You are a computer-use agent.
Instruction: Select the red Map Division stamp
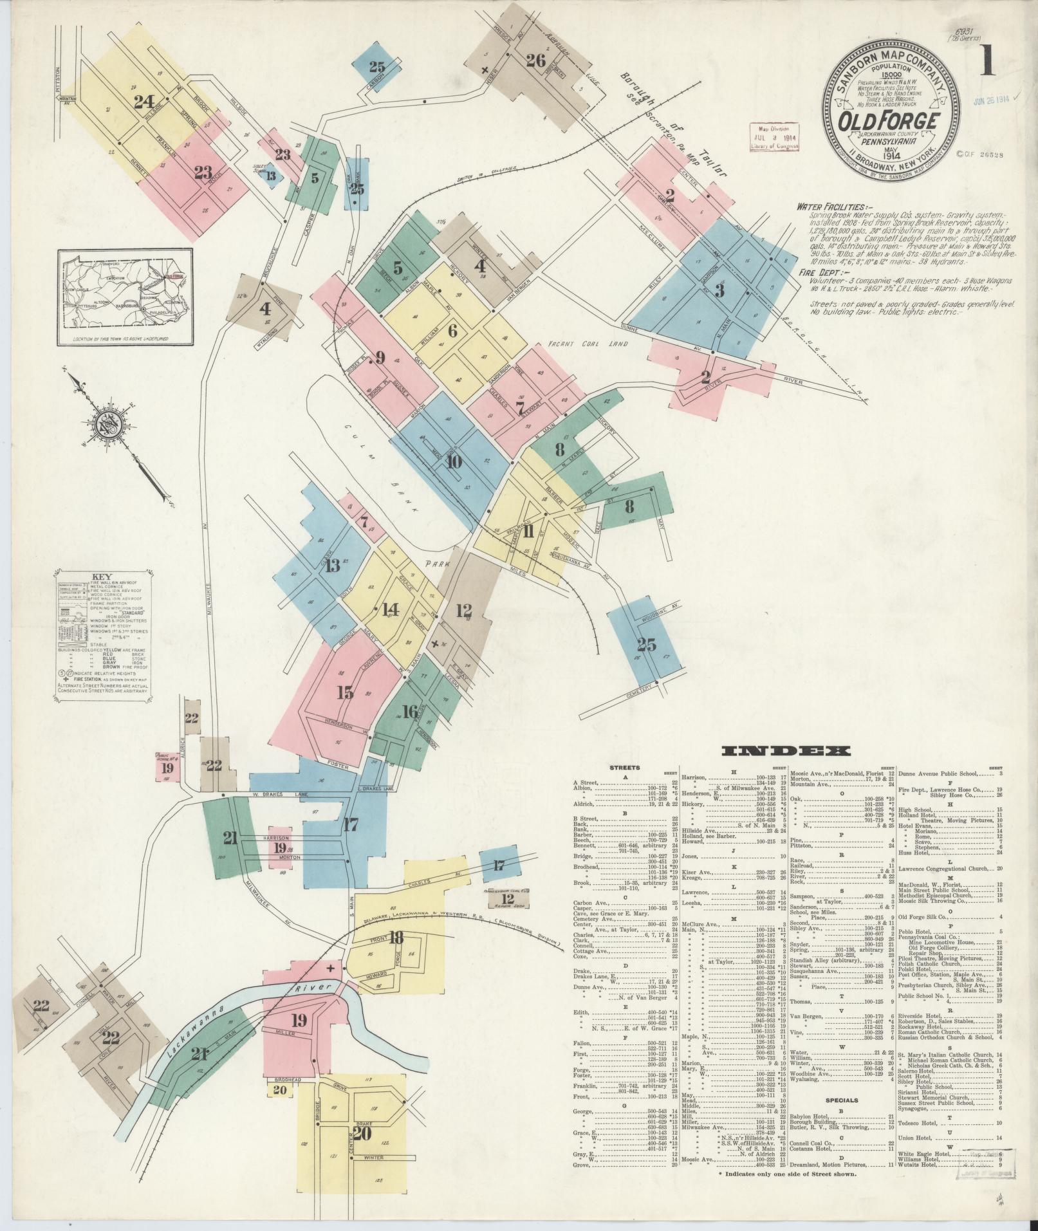pos(774,137)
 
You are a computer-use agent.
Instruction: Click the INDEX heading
pos(786,750)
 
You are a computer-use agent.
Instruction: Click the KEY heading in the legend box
pos(102,577)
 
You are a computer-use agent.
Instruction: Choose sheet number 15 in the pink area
pos(345,692)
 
